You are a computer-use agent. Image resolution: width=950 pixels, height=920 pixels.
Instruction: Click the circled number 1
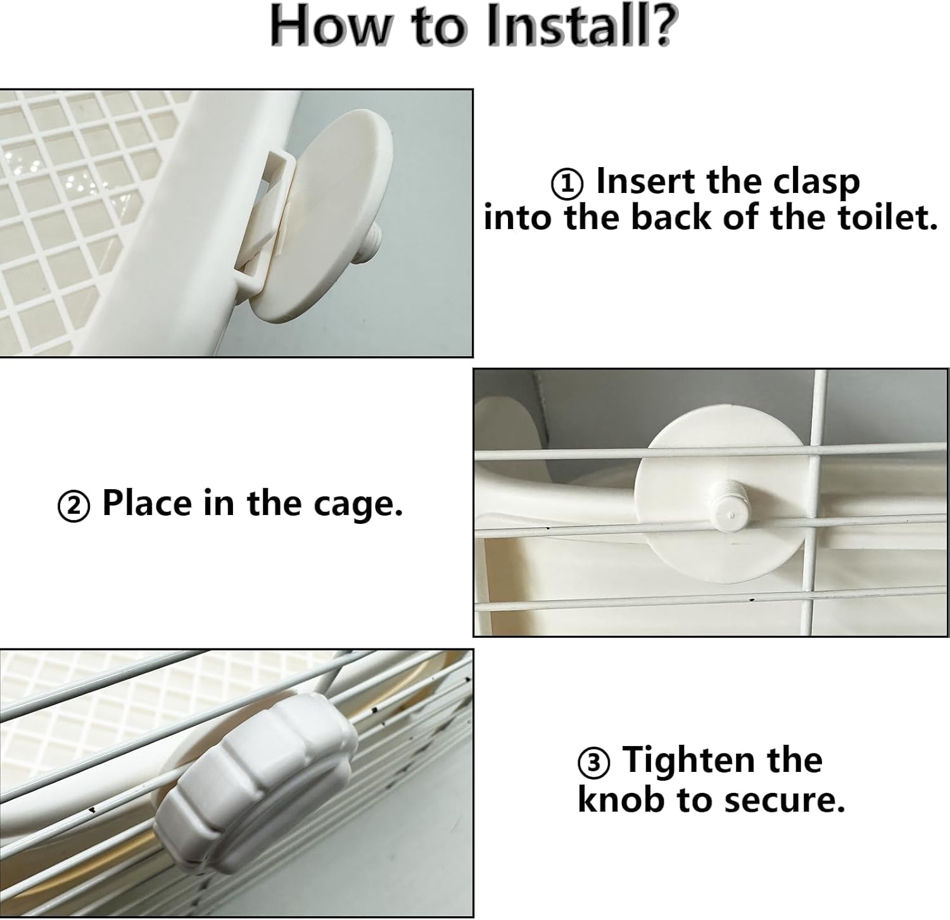pos(567,183)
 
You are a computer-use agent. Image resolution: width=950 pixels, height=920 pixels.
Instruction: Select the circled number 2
pos(74,507)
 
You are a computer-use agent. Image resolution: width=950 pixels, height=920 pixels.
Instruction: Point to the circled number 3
pos(594,763)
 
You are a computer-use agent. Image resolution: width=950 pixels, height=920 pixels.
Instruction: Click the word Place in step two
pos(147,504)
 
